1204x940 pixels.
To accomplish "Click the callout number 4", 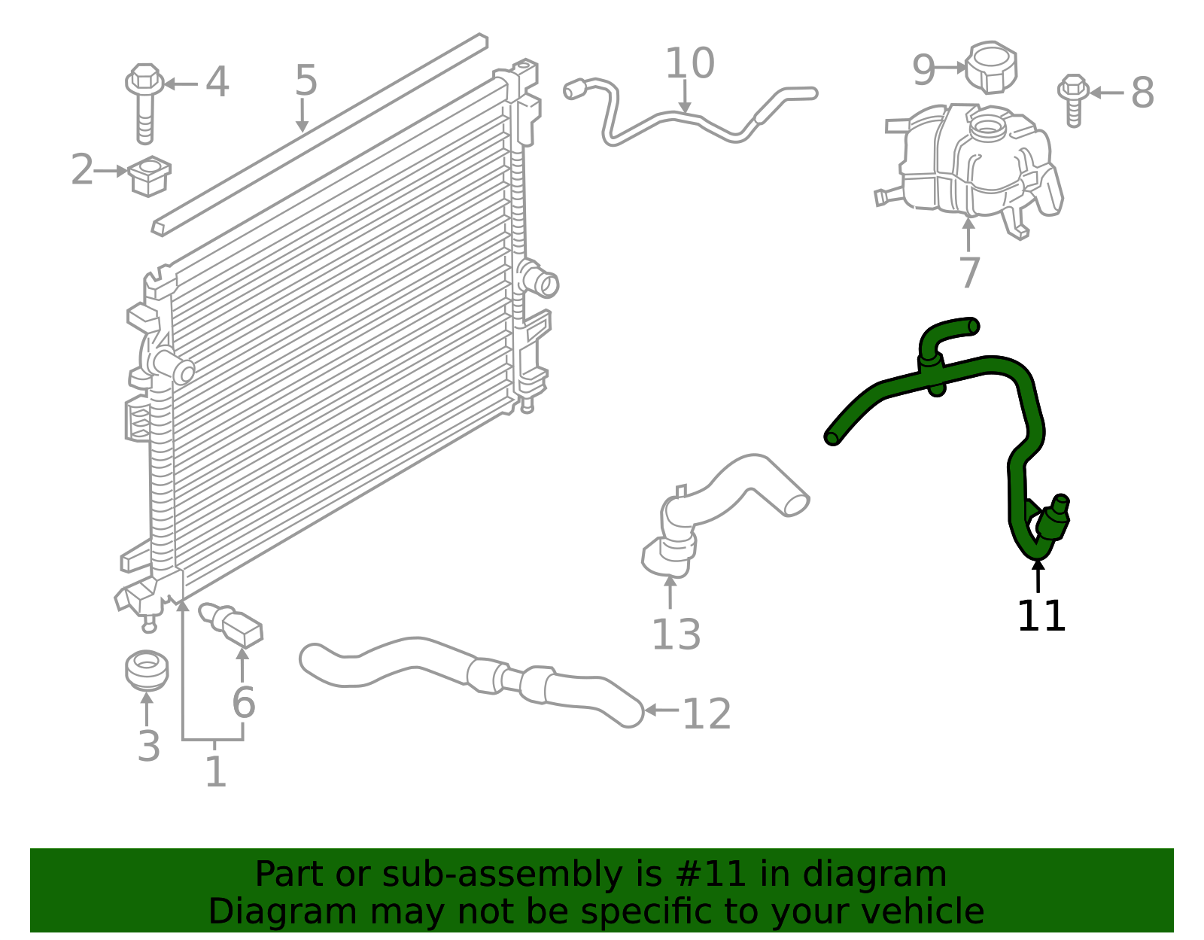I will [x=217, y=82].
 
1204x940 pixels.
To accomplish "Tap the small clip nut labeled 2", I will [x=150, y=175].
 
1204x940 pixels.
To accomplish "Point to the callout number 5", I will [x=306, y=81].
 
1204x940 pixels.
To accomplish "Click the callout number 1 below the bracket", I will [x=215, y=772].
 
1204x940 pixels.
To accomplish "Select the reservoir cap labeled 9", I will [x=992, y=68].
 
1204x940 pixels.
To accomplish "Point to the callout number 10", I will [x=689, y=64].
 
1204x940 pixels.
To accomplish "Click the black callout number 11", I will [x=1041, y=616].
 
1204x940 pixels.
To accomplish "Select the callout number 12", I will [x=706, y=714].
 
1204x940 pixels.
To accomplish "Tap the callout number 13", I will [x=676, y=635].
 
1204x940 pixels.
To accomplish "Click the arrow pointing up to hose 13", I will [x=670, y=591].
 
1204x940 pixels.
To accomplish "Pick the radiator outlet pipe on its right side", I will [x=543, y=283].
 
